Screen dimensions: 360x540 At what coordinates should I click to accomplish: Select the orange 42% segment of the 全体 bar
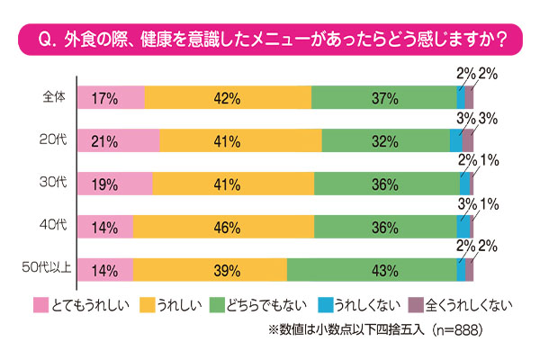(227, 98)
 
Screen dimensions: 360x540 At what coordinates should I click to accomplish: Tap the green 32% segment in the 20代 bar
(385, 141)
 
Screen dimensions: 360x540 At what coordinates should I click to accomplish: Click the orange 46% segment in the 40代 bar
(223, 228)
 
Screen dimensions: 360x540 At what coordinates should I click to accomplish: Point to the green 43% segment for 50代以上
(372, 270)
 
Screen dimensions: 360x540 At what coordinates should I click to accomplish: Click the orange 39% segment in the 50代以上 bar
(210, 270)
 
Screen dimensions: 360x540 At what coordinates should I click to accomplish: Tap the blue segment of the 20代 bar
(455, 141)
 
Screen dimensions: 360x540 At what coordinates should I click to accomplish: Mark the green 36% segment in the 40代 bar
(385, 228)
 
